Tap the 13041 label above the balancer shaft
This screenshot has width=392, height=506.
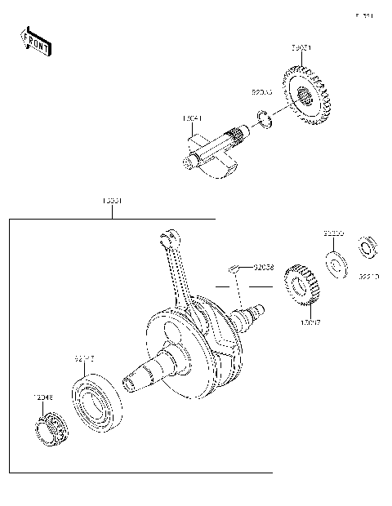[193, 119]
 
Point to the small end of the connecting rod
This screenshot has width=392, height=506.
[168, 237]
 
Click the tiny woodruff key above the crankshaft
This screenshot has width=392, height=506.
[234, 266]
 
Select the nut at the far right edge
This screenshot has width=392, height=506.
[368, 244]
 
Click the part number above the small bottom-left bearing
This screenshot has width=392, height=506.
[42, 397]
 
